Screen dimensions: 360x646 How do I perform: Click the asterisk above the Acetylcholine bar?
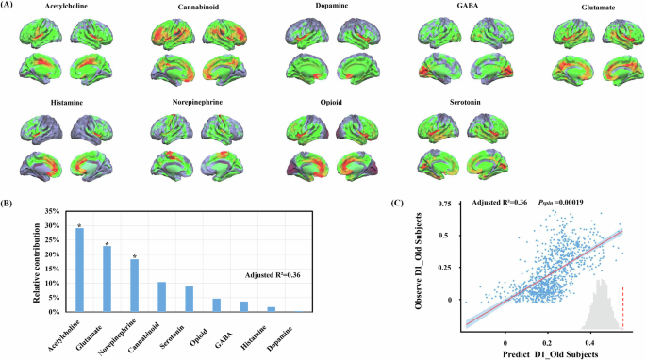point(79,225)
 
